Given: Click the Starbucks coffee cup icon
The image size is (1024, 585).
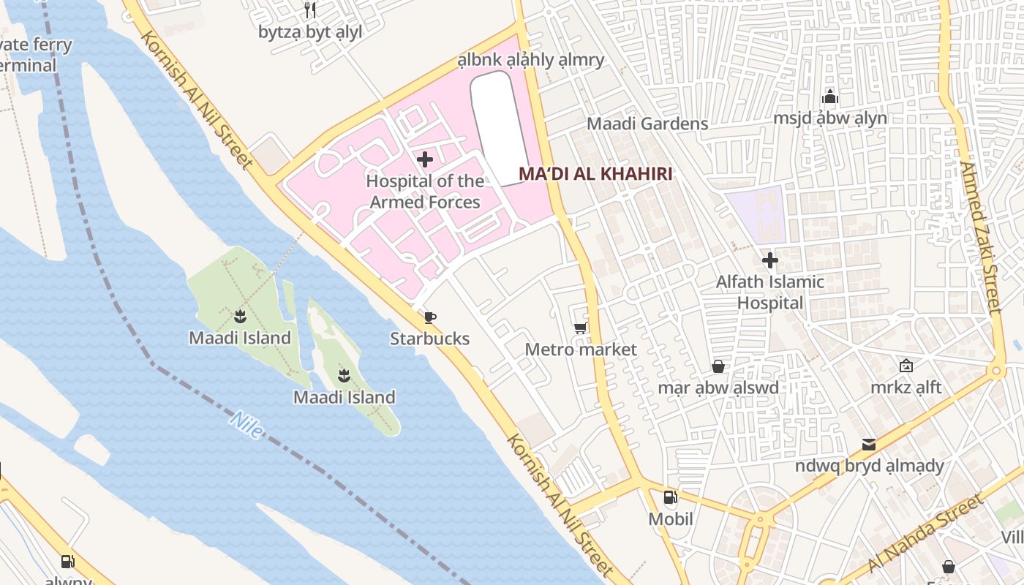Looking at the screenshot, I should pyautogui.click(x=430, y=317).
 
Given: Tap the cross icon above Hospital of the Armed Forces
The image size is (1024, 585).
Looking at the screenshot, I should pyautogui.click(x=424, y=159).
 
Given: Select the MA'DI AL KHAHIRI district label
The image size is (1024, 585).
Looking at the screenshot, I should pyautogui.click(x=595, y=174).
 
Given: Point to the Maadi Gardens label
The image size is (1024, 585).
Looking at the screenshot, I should pyautogui.click(x=647, y=124).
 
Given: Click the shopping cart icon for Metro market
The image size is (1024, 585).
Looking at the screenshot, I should pyautogui.click(x=581, y=328).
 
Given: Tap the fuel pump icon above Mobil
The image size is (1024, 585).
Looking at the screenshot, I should pyautogui.click(x=670, y=498).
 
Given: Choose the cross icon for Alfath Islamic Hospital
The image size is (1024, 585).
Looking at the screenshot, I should pyautogui.click(x=769, y=260).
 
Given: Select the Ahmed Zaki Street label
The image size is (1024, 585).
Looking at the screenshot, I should pyautogui.click(x=980, y=238).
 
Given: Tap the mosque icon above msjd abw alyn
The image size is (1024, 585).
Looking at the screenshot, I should pyautogui.click(x=829, y=97).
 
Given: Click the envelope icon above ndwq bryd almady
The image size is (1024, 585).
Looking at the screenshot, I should pyautogui.click(x=869, y=444).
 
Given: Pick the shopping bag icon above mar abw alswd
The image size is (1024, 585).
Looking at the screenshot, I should pyautogui.click(x=718, y=366).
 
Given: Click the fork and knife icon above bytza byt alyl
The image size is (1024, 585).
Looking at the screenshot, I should pyautogui.click(x=310, y=10).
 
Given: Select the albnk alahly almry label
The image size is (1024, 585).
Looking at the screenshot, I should pyautogui.click(x=531, y=60).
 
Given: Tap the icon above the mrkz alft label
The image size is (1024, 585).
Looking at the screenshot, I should pyautogui.click(x=906, y=366).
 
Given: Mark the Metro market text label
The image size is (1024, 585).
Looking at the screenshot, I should pyautogui.click(x=581, y=350).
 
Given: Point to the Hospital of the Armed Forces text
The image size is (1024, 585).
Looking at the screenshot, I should pyautogui.click(x=425, y=192).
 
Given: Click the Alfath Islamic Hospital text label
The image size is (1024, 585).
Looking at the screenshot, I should pyautogui.click(x=769, y=292).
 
